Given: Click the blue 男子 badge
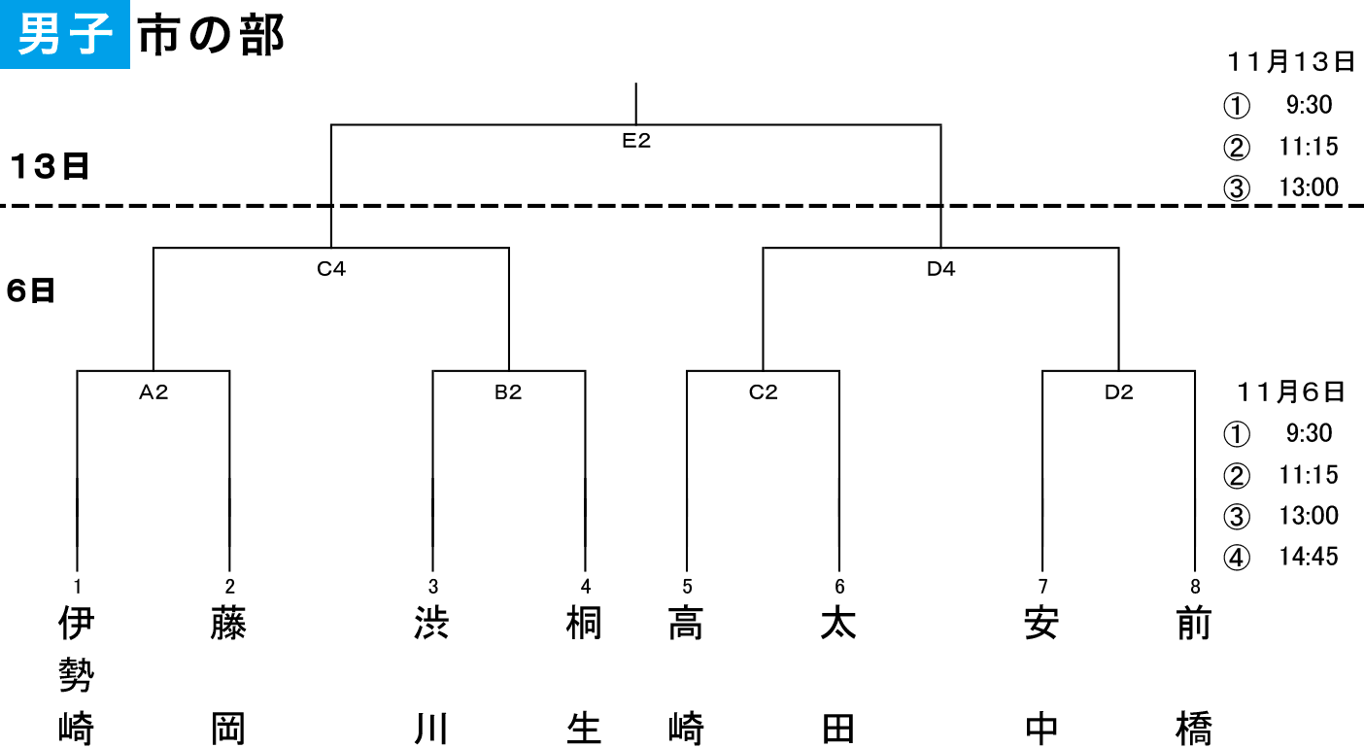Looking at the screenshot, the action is [64, 34].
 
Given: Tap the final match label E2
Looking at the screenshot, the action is [636, 141].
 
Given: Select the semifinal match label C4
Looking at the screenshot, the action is [331, 269].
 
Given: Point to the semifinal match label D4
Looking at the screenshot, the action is [940, 269].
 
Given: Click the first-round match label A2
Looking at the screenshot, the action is [153, 392].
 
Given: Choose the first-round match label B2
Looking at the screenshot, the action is [508, 392].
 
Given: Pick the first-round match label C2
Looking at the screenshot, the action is [763, 392].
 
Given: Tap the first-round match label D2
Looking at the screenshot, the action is [1118, 392].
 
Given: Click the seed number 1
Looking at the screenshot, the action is [78, 587].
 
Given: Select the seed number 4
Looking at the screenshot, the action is [586, 587].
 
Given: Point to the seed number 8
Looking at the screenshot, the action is [1195, 587].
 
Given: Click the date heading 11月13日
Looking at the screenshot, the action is [1290, 62].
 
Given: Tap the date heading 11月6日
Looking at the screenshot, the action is [1290, 392].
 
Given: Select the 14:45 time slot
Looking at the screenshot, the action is [1308, 557].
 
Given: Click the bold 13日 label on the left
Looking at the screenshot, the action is [50, 166].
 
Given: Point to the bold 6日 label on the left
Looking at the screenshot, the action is [31, 290].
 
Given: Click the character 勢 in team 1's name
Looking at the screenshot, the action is [77, 675].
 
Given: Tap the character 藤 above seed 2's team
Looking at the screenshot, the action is [229, 623].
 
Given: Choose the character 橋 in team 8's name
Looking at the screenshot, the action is [1194, 728].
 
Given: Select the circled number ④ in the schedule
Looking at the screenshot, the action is [1237, 558].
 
